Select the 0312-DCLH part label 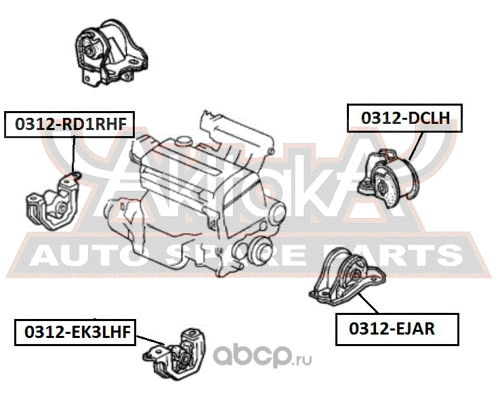(404, 117)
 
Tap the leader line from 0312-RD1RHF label (72, 154)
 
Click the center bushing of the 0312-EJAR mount (353, 276)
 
